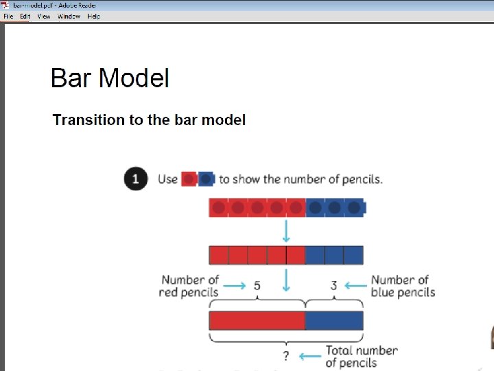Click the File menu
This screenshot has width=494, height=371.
click(x=8, y=16)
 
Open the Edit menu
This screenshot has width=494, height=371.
click(x=25, y=16)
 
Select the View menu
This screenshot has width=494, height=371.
click(x=44, y=16)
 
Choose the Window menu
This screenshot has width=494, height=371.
click(x=69, y=16)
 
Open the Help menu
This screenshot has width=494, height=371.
click(x=94, y=16)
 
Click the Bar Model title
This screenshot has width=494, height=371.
click(x=110, y=78)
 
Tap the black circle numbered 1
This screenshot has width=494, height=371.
click(x=135, y=179)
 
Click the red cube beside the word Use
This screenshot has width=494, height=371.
click(x=189, y=179)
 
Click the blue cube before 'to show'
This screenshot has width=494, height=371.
click(x=206, y=179)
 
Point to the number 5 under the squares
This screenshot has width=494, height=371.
click(x=257, y=285)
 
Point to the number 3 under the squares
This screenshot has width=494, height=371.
click(x=333, y=285)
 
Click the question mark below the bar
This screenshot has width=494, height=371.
click(x=286, y=356)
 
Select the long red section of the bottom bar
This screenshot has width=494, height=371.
click(x=257, y=321)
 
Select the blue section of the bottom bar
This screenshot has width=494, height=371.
click(x=334, y=321)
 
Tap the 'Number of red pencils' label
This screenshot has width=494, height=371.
click(x=189, y=286)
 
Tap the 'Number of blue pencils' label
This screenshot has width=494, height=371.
click(x=403, y=286)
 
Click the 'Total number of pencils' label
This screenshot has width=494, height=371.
click(x=361, y=357)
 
